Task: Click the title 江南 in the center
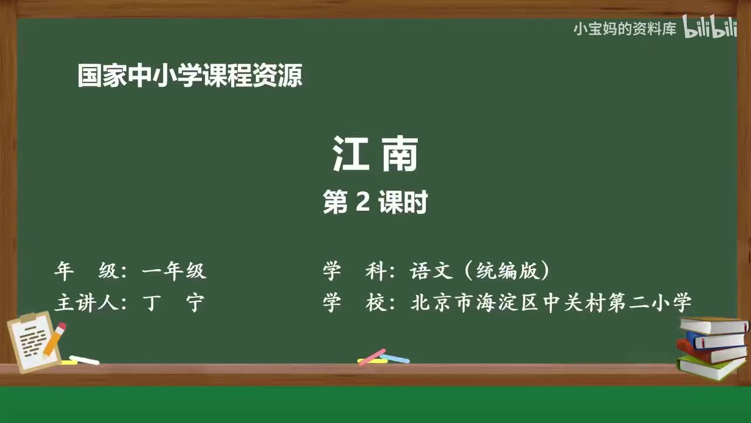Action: coord(375,155)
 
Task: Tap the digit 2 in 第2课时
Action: coord(363,203)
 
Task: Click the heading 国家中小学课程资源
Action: coord(190,76)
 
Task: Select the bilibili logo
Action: coord(710,28)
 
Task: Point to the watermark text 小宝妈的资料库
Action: coord(624,29)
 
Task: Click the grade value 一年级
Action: coord(174,271)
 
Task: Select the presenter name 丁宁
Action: coord(174,303)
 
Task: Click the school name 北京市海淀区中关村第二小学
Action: coord(552,303)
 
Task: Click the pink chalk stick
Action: coord(372,357)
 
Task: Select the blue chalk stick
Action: coord(395,358)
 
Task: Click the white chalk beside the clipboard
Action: coord(84,360)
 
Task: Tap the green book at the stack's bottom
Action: coord(710,367)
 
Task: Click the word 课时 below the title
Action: coord(402,203)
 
